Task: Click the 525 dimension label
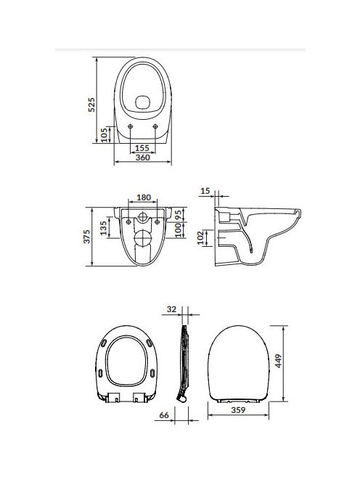click(x=91, y=105)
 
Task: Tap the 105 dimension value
click(x=105, y=134)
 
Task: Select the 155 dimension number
click(x=142, y=148)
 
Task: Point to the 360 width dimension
click(x=143, y=158)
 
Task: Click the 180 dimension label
click(x=144, y=197)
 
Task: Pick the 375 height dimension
click(x=87, y=237)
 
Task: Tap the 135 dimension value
click(x=103, y=228)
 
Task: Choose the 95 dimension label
click(x=179, y=215)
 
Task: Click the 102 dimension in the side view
click(x=201, y=237)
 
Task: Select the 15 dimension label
click(x=205, y=191)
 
